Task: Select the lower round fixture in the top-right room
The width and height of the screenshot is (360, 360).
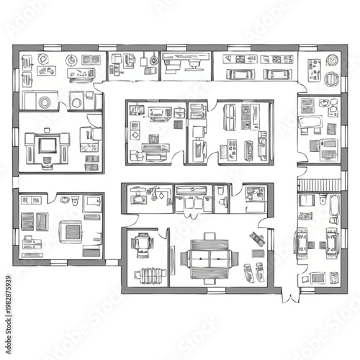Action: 332,78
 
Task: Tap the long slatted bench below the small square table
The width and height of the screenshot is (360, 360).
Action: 150,275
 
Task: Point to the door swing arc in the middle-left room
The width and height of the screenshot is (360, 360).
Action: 92,122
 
